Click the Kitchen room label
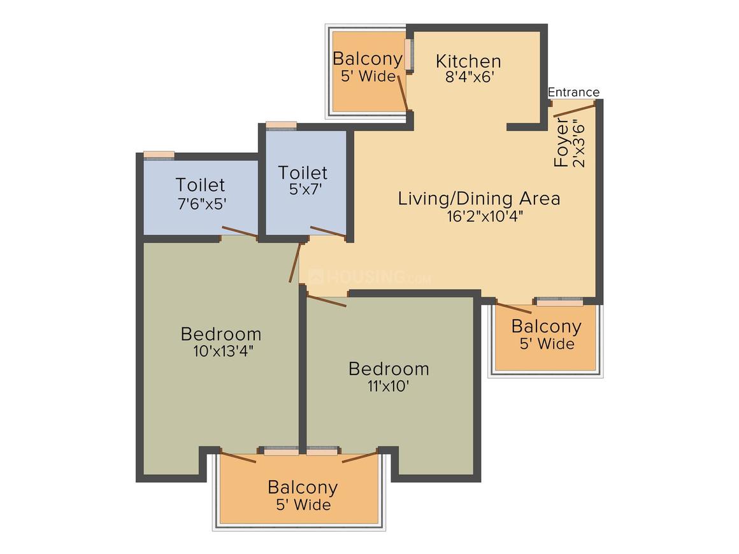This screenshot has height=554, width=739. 468,61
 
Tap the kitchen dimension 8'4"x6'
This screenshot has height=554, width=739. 469,77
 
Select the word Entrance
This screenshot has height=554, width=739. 573,92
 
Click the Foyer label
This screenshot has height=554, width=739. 561,143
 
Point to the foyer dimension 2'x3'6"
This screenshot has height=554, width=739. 578,145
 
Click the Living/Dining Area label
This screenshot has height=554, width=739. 479,198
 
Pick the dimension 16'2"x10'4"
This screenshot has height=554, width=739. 485,217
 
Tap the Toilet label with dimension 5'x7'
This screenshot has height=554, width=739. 303,173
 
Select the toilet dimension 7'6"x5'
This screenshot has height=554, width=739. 202,204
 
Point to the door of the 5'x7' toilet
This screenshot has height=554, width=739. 328,231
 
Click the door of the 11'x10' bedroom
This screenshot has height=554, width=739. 327,301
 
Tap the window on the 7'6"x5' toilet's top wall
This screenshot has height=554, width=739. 159,155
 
